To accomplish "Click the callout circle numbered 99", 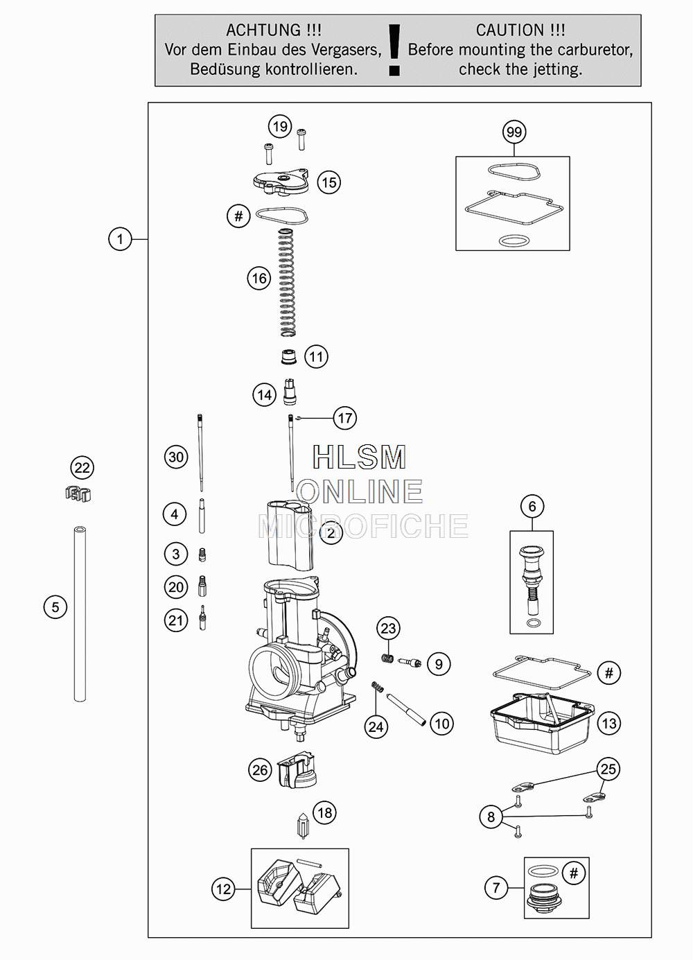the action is pos(514,132).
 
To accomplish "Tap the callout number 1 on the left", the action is pos(120,238).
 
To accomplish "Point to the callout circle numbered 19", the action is pos(280,126).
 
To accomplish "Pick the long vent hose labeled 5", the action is pos(80,613).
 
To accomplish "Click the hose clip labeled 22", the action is pos(78,494).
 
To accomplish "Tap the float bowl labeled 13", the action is pos(542,724).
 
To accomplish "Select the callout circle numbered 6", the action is pos(532,506).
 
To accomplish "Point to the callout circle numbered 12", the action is pos(223,889).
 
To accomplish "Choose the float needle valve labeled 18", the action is pos(303,826).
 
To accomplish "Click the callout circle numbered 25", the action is pos(608,769).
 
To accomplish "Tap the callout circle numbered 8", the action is pos(491,817).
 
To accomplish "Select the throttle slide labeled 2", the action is pos(290,536).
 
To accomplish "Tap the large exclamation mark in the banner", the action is pos(394,50).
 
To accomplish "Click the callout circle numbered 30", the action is pos(176,457).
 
